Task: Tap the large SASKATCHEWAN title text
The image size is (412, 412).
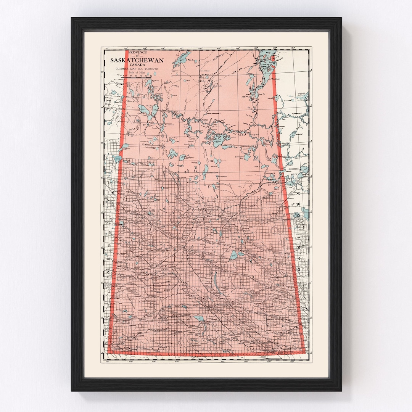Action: (x=137, y=60)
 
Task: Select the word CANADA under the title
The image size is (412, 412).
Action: (x=137, y=64)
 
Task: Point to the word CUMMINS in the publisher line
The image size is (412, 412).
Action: (x=125, y=69)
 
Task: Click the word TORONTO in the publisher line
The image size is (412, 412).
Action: (x=150, y=69)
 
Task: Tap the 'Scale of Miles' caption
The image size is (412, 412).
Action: (x=136, y=72)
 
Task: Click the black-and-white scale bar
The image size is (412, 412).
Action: (x=136, y=76)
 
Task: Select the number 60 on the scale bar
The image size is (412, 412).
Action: (x=146, y=76)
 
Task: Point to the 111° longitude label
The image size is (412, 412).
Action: (x=107, y=48)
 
